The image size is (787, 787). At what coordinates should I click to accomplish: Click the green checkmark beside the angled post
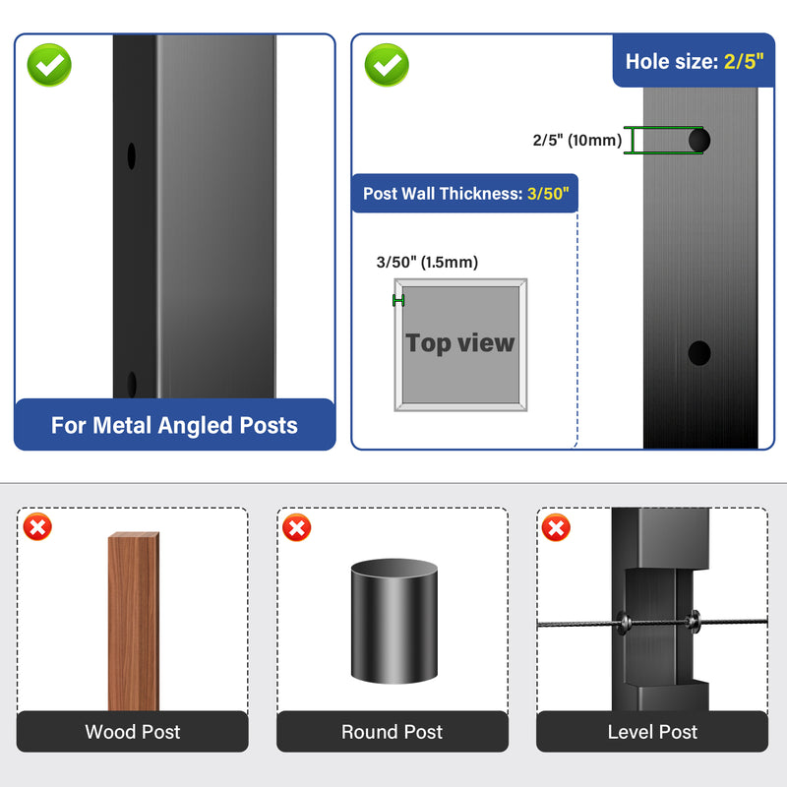coord(49,65)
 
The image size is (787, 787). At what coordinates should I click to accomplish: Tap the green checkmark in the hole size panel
coord(387,65)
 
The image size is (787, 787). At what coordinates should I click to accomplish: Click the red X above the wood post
coord(37,527)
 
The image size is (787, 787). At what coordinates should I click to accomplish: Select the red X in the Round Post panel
coord(297,527)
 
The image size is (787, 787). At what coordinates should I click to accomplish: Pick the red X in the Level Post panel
coord(556,527)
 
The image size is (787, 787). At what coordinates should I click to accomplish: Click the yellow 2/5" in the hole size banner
coord(744,62)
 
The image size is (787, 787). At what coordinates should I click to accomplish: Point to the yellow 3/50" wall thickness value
coord(548,194)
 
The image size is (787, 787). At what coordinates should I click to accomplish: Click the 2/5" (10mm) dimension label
coord(577,140)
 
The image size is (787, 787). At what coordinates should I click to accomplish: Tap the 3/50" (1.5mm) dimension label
coord(427,262)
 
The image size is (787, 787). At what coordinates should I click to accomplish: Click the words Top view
coord(459,343)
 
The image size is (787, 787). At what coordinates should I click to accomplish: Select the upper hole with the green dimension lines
coord(699,140)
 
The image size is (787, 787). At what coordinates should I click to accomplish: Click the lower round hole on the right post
coord(699,353)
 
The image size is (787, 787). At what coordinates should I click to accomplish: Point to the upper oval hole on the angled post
coord(132,156)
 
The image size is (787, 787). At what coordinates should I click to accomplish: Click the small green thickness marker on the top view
coord(398,300)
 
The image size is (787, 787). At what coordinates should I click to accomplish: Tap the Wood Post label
coord(133,732)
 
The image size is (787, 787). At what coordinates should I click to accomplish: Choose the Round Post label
coord(392,732)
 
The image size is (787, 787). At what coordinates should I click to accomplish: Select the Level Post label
coord(652,732)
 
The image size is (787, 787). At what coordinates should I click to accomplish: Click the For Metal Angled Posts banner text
coord(174,425)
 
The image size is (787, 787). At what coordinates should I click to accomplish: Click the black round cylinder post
coord(394,621)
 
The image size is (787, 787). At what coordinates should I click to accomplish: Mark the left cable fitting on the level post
coord(624,623)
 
